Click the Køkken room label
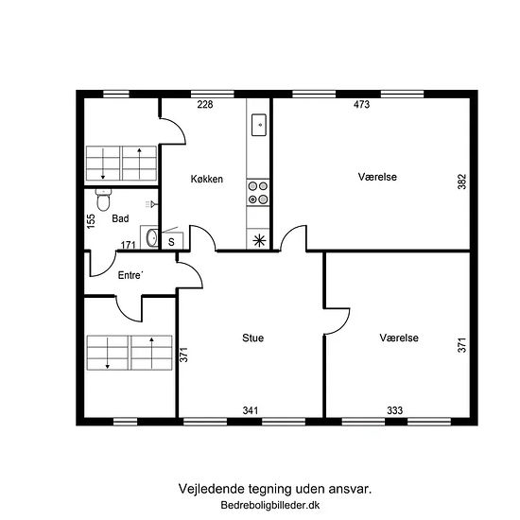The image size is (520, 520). [207, 179]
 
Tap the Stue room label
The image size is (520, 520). [253, 338]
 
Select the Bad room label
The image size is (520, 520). [120, 218]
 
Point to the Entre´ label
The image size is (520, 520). [130, 275]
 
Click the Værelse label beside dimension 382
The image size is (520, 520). [377, 177]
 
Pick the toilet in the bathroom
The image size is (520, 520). [103, 200]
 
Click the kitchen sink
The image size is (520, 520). [259, 125]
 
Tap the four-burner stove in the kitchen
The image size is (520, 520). [258, 193]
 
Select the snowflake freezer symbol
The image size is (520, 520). [259, 240]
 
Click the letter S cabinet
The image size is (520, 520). [172, 241]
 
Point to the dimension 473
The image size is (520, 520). [361, 104]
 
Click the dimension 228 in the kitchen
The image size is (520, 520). [205, 104]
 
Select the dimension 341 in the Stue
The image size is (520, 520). [251, 410]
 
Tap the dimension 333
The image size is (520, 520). [394, 410]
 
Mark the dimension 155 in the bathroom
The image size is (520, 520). [91, 221]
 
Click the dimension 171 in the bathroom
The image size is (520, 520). [129, 245]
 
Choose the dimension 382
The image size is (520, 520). [462, 182]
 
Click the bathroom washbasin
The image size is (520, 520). [152, 237]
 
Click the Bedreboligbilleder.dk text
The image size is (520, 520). [270, 505]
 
